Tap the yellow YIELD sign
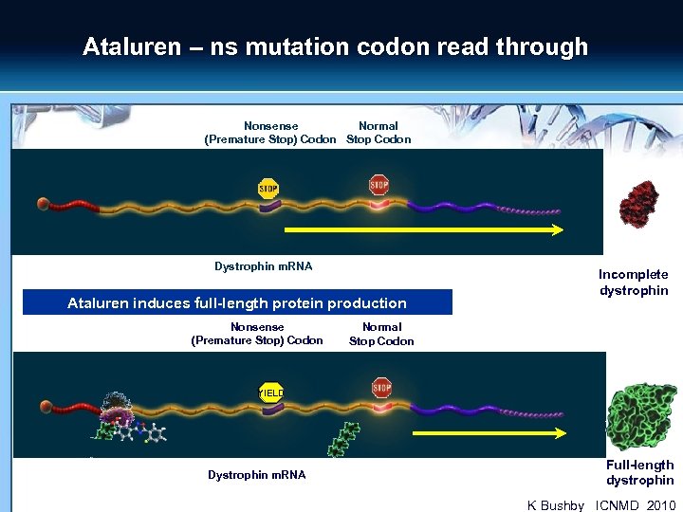click(x=271, y=392)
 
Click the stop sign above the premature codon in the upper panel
click(x=268, y=188)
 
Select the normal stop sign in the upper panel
click(x=379, y=184)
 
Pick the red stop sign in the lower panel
click(x=381, y=387)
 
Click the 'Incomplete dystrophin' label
click(x=633, y=283)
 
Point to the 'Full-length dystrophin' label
click(x=639, y=472)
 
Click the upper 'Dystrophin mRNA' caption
click(x=263, y=266)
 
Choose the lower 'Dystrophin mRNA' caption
click(x=256, y=474)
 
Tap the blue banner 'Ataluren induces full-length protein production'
click(x=237, y=303)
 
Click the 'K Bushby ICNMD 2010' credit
click(x=601, y=505)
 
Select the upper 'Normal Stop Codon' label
click(x=378, y=133)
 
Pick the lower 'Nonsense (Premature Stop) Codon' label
click(x=257, y=334)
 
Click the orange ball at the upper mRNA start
click(x=44, y=204)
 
